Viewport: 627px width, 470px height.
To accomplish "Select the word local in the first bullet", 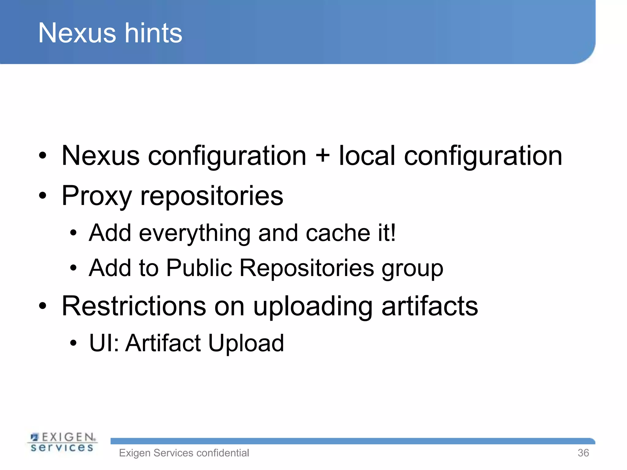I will click(x=367, y=156).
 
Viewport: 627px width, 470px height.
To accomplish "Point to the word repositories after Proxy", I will click(x=212, y=196).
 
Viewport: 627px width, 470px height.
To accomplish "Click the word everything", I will click(x=194, y=233).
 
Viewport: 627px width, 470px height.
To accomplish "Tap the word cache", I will click(x=338, y=233).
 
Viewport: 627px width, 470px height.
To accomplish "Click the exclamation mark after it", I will click(x=393, y=233).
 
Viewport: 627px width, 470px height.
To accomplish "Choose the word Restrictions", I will click(x=134, y=306).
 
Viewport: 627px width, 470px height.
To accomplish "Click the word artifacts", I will click(x=430, y=306).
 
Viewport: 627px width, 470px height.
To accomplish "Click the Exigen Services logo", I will click(x=62, y=442).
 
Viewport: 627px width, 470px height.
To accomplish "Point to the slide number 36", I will click(x=583, y=453).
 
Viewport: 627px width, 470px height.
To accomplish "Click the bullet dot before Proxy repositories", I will click(x=43, y=196).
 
